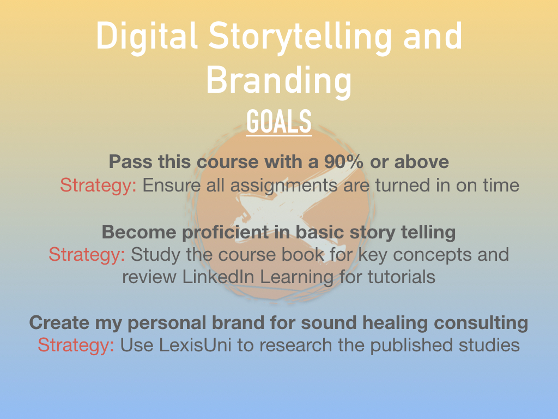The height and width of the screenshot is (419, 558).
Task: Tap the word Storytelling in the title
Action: click(x=300, y=38)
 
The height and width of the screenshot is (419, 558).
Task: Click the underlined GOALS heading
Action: click(x=279, y=122)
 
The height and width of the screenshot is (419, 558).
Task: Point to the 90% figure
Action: click(x=344, y=161)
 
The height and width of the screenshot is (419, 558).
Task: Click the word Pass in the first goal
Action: click(x=131, y=161)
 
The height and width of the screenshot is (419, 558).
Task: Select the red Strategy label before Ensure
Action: click(x=98, y=185)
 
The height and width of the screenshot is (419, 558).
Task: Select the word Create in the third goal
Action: click(x=59, y=322)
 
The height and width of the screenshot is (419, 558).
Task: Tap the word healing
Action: click(x=395, y=323)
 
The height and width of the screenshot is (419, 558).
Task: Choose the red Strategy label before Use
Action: click(x=76, y=345)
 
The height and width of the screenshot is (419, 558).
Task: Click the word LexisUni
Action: click(x=195, y=345)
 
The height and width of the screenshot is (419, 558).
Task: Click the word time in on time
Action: click(x=501, y=185)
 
